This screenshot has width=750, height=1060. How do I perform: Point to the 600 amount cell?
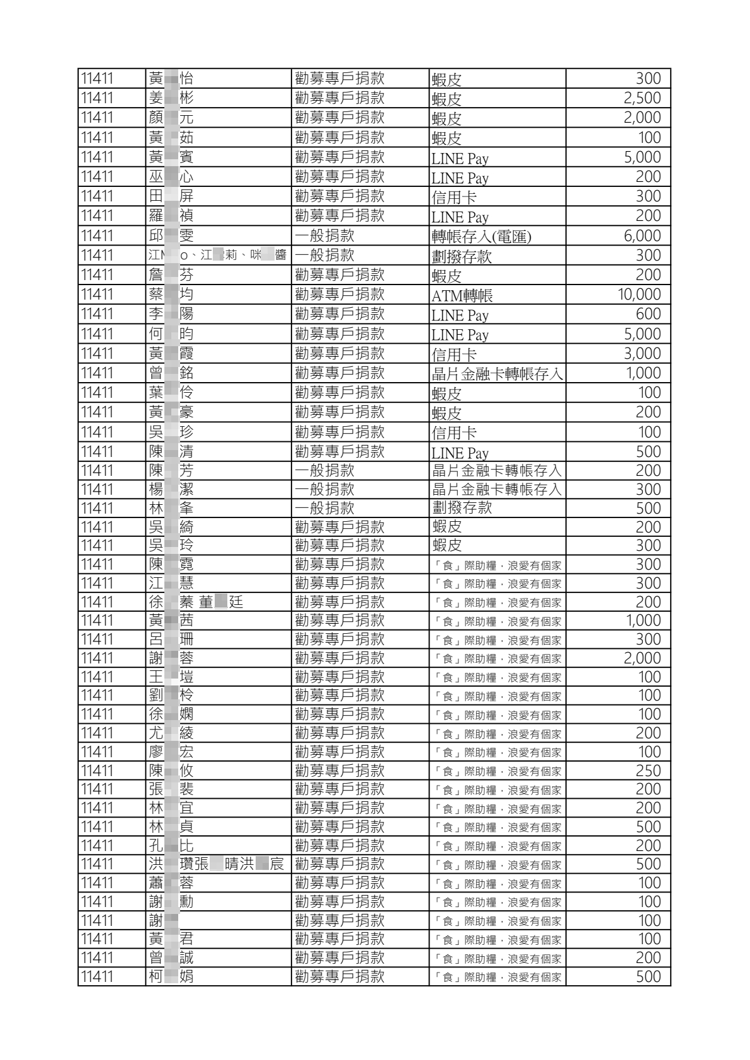click(x=648, y=314)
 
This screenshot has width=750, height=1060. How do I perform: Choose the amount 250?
click(x=648, y=770)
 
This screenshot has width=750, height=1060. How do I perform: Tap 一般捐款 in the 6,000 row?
click(x=325, y=236)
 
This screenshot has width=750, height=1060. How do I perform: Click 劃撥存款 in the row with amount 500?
click(x=462, y=508)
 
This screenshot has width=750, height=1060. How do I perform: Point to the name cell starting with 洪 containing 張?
click(x=217, y=864)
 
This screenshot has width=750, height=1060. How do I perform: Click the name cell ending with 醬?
click(x=217, y=255)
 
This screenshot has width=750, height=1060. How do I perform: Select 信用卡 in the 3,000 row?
click(x=454, y=354)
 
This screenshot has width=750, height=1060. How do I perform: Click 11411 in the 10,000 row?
click(x=97, y=295)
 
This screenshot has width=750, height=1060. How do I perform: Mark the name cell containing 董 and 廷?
click(x=196, y=602)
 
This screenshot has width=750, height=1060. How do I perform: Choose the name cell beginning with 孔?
click(x=171, y=845)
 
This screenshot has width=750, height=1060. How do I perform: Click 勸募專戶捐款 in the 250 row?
click(x=339, y=770)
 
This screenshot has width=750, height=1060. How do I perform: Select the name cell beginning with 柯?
click(x=171, y=976)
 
